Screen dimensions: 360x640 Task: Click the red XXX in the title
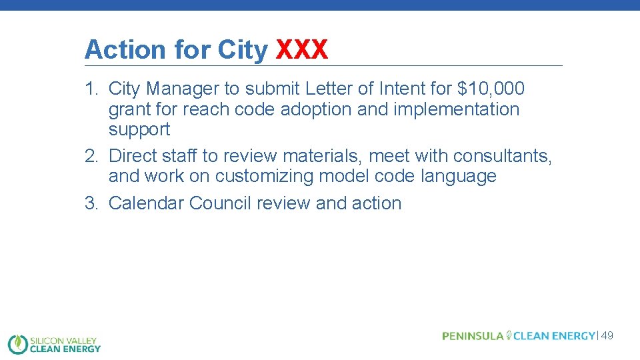(302, 49)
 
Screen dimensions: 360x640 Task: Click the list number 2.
(91, 156)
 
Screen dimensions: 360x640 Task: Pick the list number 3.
(91, 203)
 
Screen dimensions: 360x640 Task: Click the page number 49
(607, 336)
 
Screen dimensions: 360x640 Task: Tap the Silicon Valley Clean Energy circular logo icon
(17, 343)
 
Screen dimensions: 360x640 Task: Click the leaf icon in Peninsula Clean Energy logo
(509, 335)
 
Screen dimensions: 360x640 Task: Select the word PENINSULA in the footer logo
(473, 336)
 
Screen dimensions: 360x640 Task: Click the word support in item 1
(139, 129)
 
